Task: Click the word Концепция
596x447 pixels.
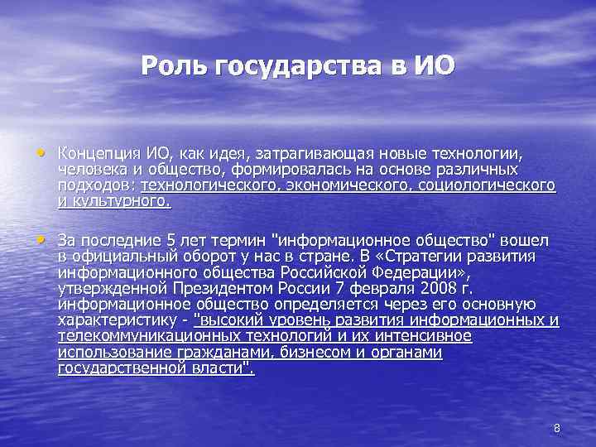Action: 99,154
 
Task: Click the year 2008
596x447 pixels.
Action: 435,289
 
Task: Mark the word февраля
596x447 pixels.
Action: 379,289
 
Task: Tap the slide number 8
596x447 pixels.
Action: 557,428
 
